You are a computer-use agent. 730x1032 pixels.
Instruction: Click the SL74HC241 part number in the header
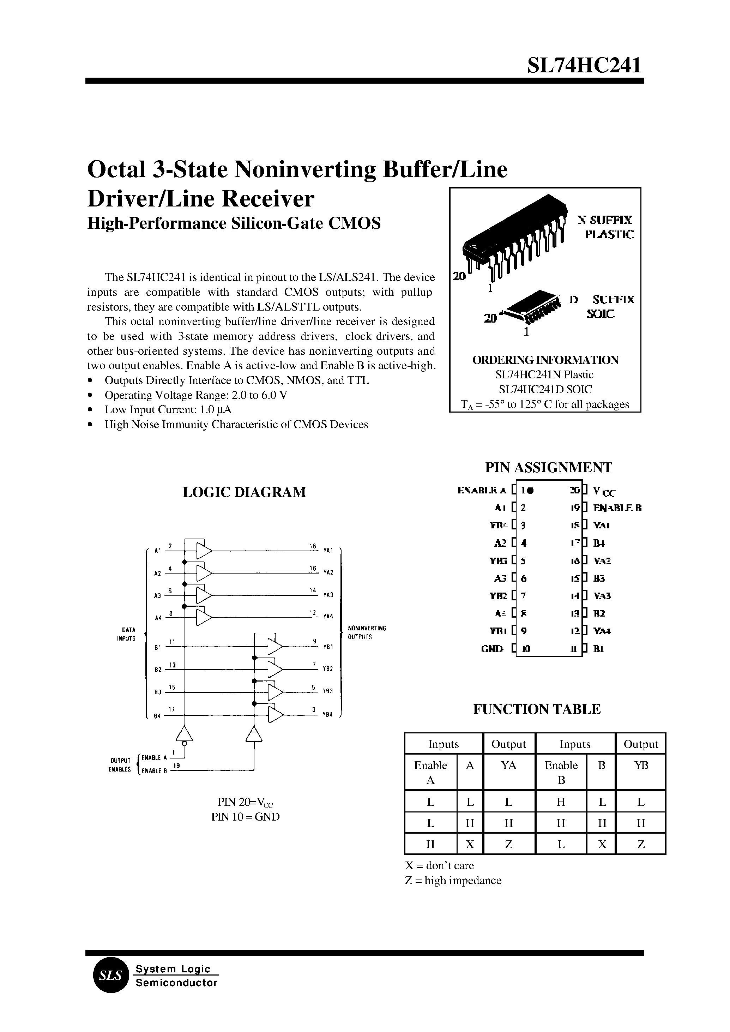(x=584, y=66)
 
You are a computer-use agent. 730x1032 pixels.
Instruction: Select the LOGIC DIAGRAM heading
(x=244, y=492)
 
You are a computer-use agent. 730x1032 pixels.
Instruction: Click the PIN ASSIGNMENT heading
(x=548, y=467)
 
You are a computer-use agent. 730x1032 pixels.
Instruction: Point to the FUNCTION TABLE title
(x=537, y=709)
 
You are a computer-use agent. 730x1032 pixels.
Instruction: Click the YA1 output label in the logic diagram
(x=328, y=550)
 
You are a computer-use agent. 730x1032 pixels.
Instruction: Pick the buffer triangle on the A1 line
(x=204, y=550)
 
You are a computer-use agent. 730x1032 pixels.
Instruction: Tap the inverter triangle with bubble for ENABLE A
(x=184, y=735)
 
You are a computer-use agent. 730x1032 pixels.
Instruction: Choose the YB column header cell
(x=640, y=765)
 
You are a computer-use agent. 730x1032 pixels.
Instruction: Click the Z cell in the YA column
(x=508, y=845)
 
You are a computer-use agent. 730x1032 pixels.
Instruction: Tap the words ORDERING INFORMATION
(x=545, y=360)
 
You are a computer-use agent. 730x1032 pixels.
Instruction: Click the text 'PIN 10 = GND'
(x=246, y=817)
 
